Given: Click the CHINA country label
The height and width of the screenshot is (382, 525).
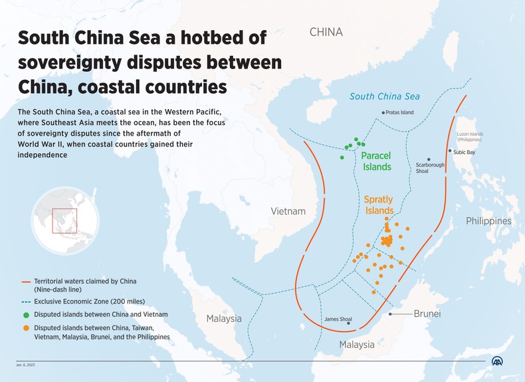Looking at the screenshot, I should point(326,32).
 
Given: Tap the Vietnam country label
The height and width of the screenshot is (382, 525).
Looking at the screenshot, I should point(288,212).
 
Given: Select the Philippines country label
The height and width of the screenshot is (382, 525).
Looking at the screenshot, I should point(488,221).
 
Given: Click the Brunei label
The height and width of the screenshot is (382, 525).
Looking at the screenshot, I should point(427,313).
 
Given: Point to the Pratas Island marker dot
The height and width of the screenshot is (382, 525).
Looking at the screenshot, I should point(383,112).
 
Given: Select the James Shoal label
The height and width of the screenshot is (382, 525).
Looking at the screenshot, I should point(338,319).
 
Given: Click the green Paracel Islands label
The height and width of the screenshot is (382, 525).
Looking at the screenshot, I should point(376,161).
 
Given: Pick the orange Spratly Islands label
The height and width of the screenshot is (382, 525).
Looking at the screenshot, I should point(378,204).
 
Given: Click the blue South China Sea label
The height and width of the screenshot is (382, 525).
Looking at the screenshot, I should point(385,96).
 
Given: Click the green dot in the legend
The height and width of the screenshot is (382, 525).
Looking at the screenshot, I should point(26,314).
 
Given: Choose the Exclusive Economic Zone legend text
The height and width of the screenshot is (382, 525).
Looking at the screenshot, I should point(89,301).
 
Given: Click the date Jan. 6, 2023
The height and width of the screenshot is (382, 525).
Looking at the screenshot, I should point(27,365).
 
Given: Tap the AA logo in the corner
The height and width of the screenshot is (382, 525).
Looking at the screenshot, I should point(497,361).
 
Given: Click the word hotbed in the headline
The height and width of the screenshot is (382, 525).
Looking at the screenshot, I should point(211,38).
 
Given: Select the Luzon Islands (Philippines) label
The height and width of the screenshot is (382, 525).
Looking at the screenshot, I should point(469,137).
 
